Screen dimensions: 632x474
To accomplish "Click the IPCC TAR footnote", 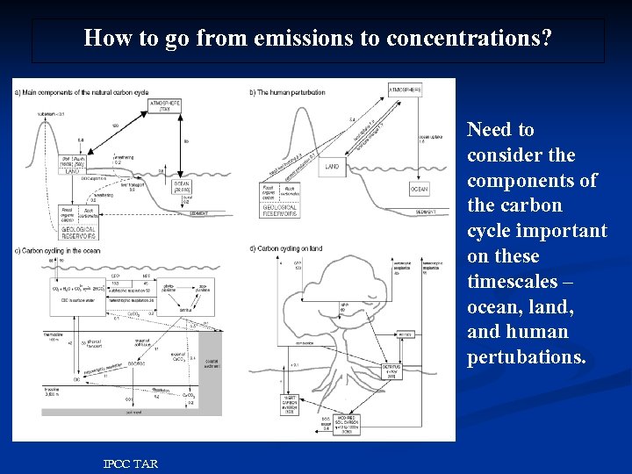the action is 130,463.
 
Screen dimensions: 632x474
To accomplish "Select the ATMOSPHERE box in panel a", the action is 165,105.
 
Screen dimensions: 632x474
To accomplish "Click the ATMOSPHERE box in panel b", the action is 405,90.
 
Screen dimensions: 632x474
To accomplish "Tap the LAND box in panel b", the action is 332,166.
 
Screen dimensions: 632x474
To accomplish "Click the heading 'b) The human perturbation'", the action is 287,92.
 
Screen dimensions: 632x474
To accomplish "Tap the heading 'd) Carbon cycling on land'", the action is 285,248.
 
